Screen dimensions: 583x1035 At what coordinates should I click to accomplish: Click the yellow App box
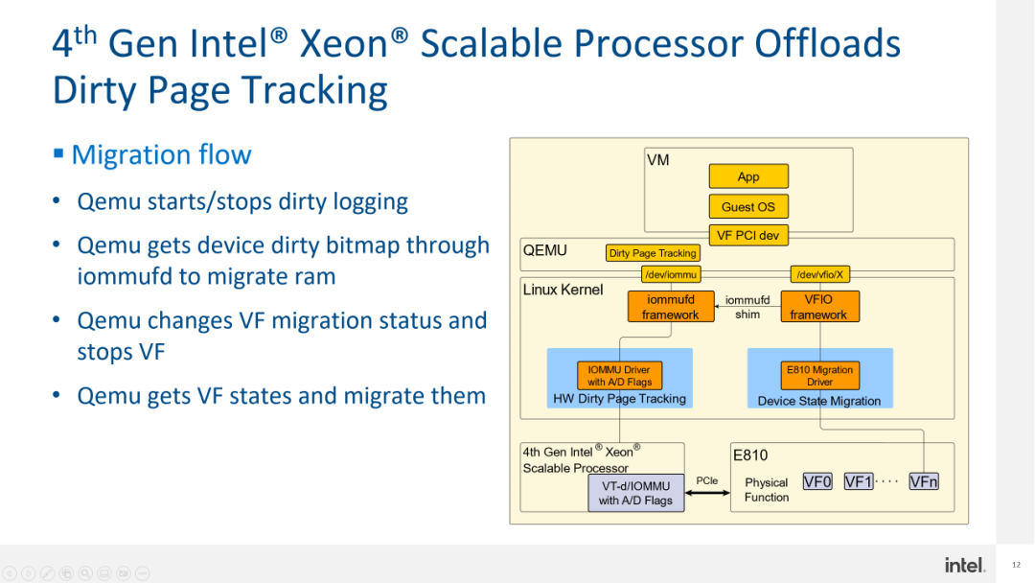748,176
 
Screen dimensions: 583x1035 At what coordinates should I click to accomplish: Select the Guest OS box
748,206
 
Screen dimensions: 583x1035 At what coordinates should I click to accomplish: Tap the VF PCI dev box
748,235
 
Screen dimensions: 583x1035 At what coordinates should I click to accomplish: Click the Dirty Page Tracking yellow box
653,253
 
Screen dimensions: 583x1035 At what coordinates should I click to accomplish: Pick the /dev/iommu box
671,274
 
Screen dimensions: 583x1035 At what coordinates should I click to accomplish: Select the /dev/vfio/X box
818,274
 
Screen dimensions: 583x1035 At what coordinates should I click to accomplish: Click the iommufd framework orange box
671,307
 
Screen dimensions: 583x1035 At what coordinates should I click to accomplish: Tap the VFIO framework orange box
818,307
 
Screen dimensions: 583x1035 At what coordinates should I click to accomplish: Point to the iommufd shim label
747,307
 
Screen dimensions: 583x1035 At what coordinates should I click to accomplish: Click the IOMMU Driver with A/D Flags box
620,375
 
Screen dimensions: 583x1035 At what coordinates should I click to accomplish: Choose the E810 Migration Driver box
819,375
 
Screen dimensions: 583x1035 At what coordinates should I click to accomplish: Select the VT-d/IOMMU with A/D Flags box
635,493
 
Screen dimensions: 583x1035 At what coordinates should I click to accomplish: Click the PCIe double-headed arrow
707,494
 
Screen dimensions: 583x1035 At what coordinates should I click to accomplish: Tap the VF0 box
817,481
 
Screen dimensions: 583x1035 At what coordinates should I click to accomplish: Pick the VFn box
924,481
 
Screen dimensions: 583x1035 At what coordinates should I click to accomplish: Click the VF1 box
859,481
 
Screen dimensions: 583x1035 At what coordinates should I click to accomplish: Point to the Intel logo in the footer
964,565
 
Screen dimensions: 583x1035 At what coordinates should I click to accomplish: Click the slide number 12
1016,565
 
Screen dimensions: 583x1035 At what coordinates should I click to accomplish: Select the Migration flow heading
161,154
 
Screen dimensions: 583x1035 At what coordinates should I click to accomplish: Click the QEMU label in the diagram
544,250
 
